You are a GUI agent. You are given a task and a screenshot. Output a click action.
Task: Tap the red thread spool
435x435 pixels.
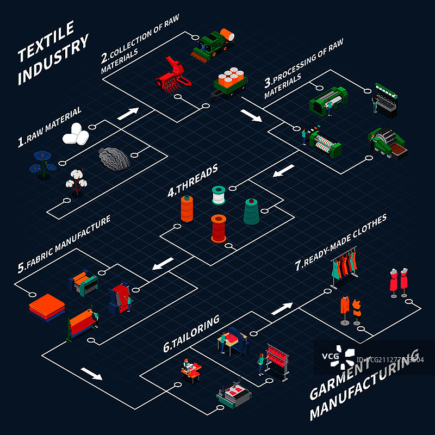point(219,228)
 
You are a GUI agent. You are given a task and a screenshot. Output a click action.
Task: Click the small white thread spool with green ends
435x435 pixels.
point(219,195)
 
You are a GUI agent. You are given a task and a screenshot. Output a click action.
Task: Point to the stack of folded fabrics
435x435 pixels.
point(47,307)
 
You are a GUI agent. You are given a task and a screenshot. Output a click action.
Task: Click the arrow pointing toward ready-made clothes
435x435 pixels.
point(281,308)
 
